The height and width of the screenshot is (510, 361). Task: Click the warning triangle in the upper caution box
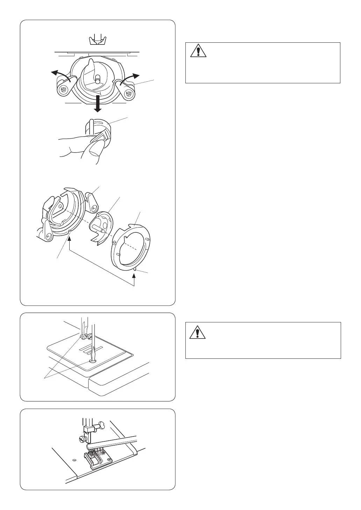pos(198,51)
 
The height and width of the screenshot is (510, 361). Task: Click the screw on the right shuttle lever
pos(129,93)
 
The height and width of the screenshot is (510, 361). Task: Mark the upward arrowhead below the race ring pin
pos(135,276)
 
